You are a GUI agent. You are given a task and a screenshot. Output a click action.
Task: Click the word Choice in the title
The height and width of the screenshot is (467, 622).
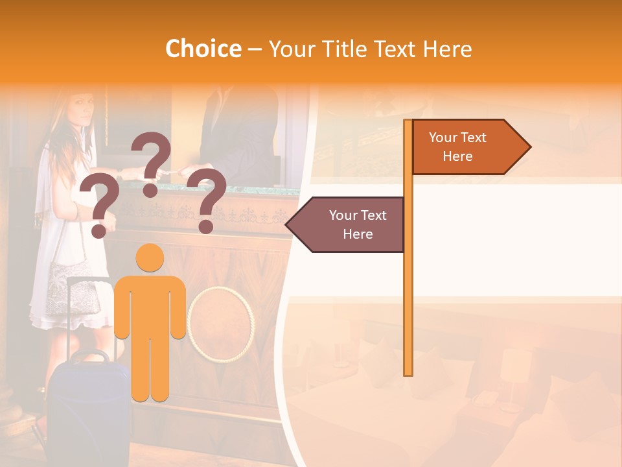203,49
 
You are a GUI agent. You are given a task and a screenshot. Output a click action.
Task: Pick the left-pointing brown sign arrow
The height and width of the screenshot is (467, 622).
347,224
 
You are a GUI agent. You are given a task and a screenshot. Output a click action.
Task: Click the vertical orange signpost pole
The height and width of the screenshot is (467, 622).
408,292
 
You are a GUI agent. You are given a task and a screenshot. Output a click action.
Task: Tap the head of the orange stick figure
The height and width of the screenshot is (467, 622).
150,257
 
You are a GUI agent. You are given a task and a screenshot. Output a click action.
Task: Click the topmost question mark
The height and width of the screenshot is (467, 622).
152,163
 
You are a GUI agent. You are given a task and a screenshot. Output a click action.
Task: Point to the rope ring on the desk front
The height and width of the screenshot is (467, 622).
220,324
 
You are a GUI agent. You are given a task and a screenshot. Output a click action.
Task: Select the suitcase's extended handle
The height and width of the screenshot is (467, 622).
91,311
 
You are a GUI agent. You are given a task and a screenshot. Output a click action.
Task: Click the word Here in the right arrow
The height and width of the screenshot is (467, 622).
457,156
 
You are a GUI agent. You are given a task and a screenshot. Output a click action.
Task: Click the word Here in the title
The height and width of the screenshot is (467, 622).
448,49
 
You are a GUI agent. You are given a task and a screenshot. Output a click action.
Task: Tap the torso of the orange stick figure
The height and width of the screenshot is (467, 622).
150,305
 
